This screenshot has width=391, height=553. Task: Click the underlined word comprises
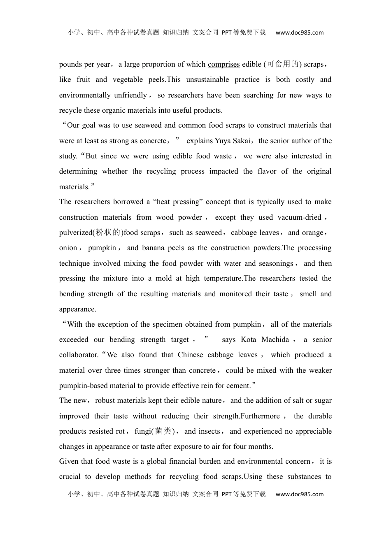tap(223, 64)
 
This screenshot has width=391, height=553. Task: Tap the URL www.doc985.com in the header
tap(299, 33)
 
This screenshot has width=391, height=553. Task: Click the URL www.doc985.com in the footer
tap(299, 494)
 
